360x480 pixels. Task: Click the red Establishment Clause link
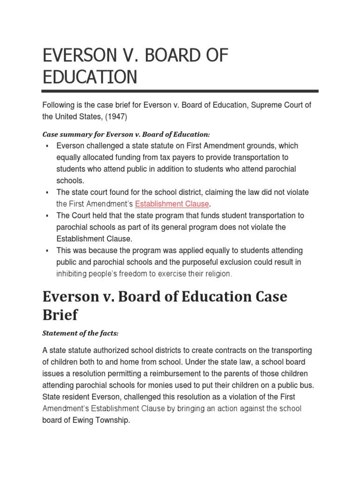[172, 204]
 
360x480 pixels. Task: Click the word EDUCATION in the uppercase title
[90, 77]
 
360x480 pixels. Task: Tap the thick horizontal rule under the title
[180, 91]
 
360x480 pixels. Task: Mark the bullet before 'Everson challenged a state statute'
[47, 146]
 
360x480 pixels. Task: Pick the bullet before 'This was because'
[47, 251]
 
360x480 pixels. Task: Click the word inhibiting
[73, 274]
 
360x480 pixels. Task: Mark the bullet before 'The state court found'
[47, 193]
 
